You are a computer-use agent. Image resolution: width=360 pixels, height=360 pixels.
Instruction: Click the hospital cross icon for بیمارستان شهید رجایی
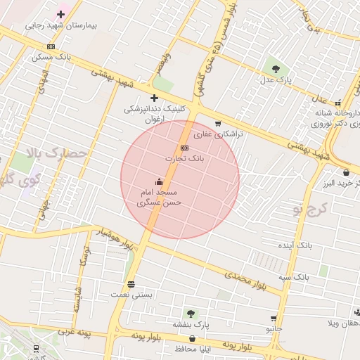(61, 14)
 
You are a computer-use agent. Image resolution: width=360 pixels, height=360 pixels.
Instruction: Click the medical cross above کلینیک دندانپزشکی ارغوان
(154, 98)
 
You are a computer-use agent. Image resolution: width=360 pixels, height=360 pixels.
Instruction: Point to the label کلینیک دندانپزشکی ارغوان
(156, 115)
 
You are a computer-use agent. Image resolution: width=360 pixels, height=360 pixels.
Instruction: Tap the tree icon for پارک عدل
(276, 69)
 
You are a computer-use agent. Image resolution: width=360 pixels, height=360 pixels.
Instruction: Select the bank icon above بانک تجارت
(184, 148)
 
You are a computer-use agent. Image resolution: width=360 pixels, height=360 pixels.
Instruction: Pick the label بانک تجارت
(184, 159)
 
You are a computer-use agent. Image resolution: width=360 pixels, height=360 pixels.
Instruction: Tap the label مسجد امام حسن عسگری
(160, 197)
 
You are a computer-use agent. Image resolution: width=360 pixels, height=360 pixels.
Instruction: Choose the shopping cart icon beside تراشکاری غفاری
(218, 124)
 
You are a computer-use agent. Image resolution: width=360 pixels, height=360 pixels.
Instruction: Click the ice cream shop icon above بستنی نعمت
(131, 284)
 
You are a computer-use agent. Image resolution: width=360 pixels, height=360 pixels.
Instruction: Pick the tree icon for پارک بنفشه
(190, 313)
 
